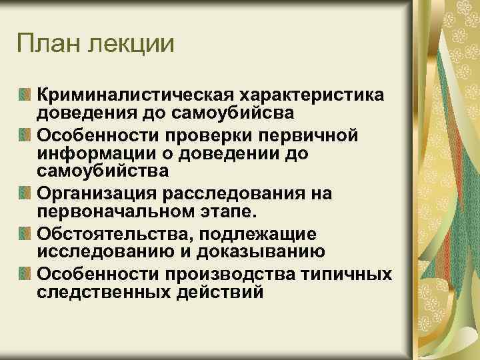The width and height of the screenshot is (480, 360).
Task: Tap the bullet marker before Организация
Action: tap(25, 194)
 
